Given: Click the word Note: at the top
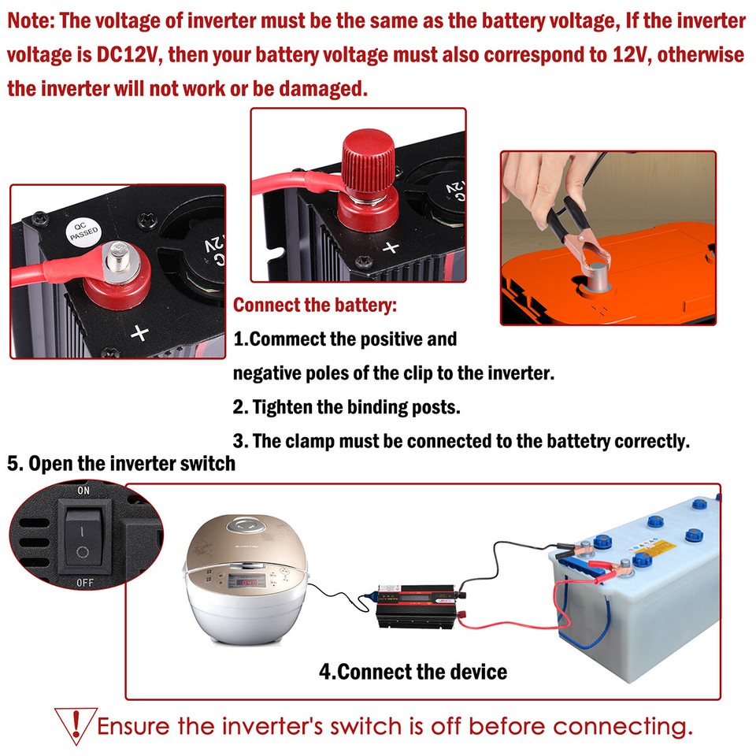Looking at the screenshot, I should pos(30,21).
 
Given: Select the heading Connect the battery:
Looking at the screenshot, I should pos(316,305).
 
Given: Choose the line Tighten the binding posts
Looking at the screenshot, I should pos(346,407).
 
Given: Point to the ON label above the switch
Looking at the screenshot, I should pos(83,491).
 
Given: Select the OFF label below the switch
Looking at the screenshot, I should pos(84,584).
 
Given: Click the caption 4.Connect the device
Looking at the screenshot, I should pos(413,672).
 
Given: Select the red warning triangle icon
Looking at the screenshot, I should pos(75,724).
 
